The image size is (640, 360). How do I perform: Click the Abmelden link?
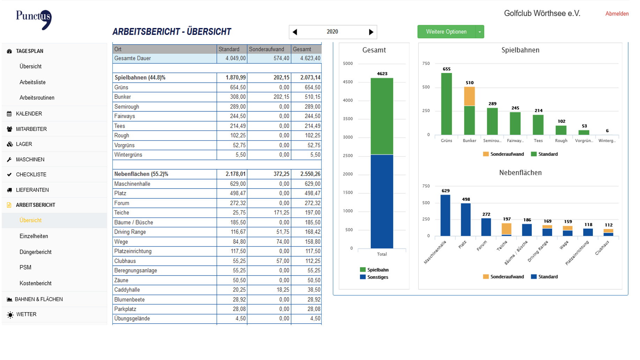point(617,14)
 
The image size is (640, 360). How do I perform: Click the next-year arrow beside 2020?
point(371,32)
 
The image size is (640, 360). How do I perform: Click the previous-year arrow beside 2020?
point(295,32)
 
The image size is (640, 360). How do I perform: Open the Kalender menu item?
point(29,113)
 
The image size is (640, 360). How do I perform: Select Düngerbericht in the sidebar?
point(36,252)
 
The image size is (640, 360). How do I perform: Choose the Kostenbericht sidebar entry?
point(36,283)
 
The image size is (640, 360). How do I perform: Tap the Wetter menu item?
point(26,314)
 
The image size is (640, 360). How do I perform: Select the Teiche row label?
point(122,213)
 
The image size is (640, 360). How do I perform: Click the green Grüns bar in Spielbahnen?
point(446,104)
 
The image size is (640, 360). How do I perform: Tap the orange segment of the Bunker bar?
point(469,96)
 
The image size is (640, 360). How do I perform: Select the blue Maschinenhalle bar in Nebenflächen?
point(445,215)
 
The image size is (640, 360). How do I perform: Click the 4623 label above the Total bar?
point(382,74)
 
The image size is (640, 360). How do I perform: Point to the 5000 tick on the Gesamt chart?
point(348,64)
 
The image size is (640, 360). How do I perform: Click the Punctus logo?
point(34,19)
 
